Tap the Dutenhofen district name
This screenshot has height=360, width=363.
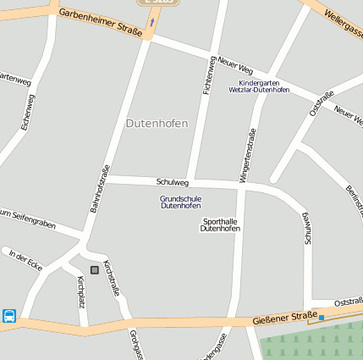point(157,124)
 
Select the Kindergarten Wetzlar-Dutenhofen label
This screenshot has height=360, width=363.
point(259,86)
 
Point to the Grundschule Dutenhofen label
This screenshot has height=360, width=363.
point(180,202)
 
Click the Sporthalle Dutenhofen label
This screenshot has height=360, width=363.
point(221,225)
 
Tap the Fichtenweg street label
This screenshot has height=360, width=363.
point(208,75)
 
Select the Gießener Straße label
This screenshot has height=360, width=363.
point(284,319)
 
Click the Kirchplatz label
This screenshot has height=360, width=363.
point(81,291)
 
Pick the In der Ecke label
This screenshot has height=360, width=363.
point(25,258)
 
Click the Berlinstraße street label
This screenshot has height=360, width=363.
point(354,200)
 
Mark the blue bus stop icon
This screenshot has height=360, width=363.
point(9,316)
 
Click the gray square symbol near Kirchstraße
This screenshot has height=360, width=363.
point(94,269)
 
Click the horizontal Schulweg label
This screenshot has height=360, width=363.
point(173,182)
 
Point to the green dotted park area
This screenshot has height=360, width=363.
point(314,342)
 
